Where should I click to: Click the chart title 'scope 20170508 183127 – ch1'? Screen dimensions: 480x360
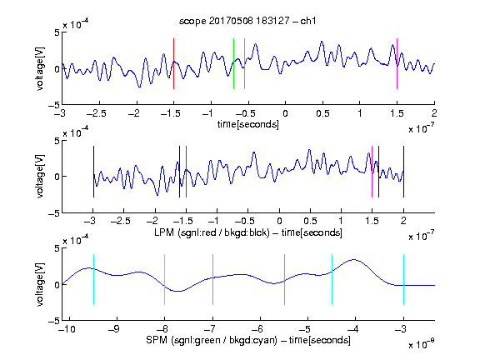pos(247,21)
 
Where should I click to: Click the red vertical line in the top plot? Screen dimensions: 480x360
pos(173,63)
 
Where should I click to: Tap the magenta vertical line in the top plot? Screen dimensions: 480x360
pos(397,63)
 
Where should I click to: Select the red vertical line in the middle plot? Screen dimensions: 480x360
pos(186,172)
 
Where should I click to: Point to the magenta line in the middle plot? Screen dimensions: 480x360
pos(372,172)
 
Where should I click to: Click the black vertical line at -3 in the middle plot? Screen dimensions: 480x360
pos(93,172)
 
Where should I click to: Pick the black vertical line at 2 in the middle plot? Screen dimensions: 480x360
pos(403,172)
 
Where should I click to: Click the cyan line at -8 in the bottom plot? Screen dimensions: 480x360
pos(164,279)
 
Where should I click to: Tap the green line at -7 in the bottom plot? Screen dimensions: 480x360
pos(212,279)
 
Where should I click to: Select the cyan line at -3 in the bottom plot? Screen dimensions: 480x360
pos(403,279)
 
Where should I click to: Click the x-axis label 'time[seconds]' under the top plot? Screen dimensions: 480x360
pos(248,124)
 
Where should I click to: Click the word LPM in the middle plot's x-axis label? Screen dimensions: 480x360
pos(164,232)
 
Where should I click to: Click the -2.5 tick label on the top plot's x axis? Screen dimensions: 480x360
pos(97,114)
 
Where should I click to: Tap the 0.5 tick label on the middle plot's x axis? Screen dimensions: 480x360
pos(310,221)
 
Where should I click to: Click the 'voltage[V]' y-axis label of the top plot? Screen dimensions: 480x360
pos(40,69)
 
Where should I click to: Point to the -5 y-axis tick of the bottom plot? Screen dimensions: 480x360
pos(54,321)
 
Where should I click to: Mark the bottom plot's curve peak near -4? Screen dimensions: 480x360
pos(354,260)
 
